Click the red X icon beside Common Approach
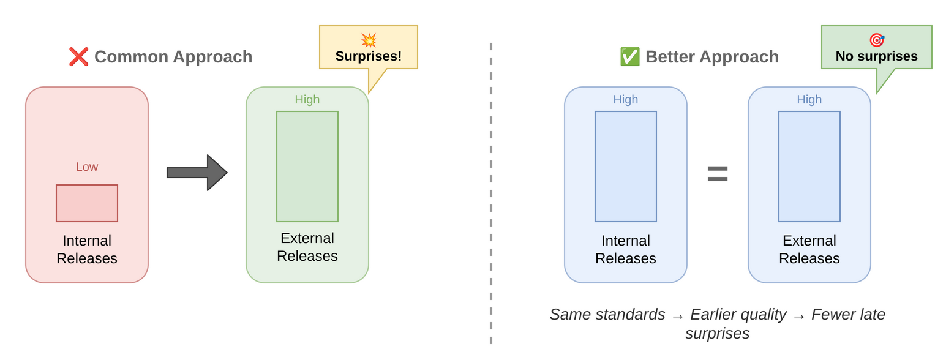[x=78, y=57]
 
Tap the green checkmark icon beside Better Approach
[x=629, y=57]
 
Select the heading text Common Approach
[x=173, y=57]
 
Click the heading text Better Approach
[x=711, y=57]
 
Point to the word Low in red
[x=87, y=167]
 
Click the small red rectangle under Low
[x=87, y=203]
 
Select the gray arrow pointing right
[x=197, y=173]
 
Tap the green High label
[x=307, y=99]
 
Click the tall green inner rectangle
[x=307, y=167]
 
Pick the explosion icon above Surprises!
[x=369, y=40]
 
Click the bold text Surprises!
[x=369, y=56]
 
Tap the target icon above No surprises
[x=877, y=40]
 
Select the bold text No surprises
[x=877, y=56]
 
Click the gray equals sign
[x=718, y=173]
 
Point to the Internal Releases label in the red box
[x=87, y=249]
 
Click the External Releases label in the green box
[x=307, y=247]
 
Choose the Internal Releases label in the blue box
[x=626, y=249]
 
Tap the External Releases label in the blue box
[x=809, y=249]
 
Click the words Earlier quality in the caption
[x=738, y=314]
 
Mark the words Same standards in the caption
[x=607, y=314]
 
